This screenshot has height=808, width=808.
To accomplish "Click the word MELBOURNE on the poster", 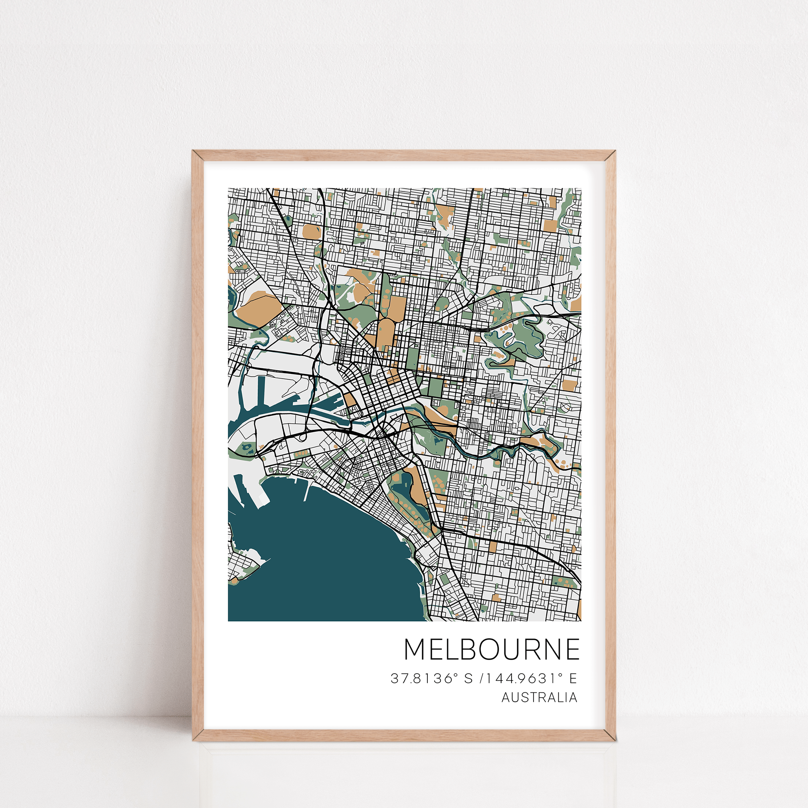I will click(x=492, y=650).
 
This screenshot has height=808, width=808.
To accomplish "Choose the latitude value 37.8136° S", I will click(x=431, y=678).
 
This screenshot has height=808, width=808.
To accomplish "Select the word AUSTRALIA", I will click(x=539, y=697).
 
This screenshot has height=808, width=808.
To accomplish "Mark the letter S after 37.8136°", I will click(x=468, y=678).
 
